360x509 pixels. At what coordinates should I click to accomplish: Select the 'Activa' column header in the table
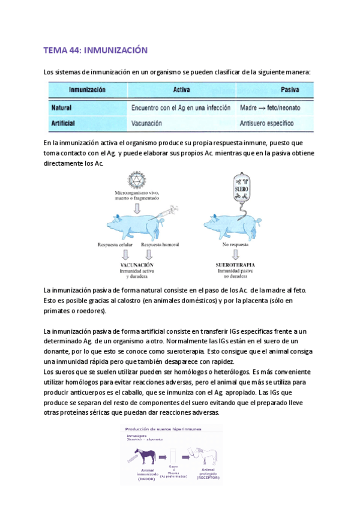pos(181,90)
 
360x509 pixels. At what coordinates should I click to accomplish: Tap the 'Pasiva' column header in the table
pos(290,90)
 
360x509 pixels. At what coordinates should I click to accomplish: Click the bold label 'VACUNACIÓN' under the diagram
pos(136,265)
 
